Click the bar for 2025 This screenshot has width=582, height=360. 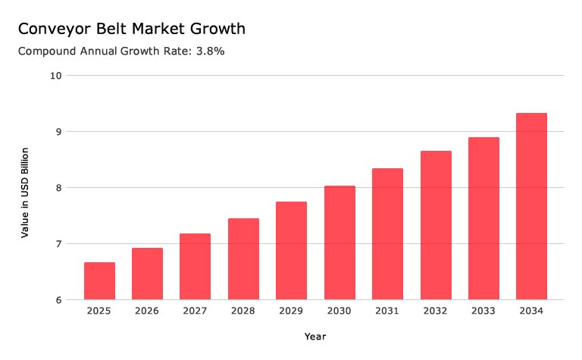(x=99, y=280)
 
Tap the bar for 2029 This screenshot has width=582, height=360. (x=291, y=251)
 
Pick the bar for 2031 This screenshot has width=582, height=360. (x=387, y=234)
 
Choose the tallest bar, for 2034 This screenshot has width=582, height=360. (x=531, y=206)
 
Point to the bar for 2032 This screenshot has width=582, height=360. (x=436, y=225)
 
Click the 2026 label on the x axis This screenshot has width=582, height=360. (x=147, y=310)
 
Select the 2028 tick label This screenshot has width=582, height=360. (x=243, y=310)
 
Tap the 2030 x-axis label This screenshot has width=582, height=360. (x=339, y=310)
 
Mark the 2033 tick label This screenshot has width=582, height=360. (x=483, y=310)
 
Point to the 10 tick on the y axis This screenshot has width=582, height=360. (x=55, y=76)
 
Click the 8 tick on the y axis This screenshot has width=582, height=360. (x=58, y=188)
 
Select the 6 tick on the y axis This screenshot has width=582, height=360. (x=58, y=300)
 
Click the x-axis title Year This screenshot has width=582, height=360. (x=315, y=336)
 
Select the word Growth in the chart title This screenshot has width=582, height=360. (x=217, y=30)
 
